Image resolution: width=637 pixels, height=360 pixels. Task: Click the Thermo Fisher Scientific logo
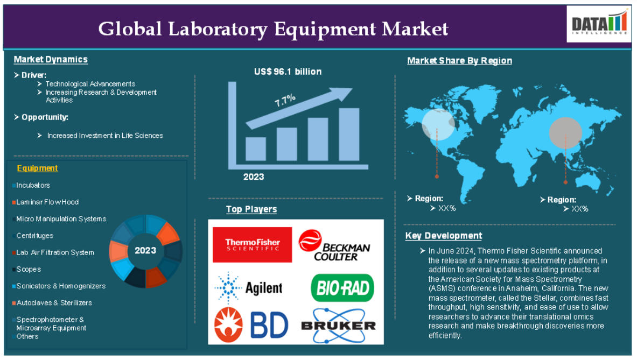(x=253, y=245)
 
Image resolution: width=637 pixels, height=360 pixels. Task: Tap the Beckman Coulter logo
(x=334, y=245)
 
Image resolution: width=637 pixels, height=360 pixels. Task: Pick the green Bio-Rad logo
(x=342, y=288)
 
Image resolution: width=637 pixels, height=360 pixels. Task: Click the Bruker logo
(x=338, y=326)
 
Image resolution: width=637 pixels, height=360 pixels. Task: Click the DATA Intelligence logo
(x=599, y=24)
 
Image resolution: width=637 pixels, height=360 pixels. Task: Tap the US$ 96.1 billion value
(x=288, y=72)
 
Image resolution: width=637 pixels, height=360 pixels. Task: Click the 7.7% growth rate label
(x=285, y=100)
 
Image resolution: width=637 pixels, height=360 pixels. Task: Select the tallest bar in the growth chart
(x=349, y=135)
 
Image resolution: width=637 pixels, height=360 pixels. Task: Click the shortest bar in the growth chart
(x=256, y=149)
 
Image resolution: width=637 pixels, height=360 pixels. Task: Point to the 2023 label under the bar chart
(x=254, y=177)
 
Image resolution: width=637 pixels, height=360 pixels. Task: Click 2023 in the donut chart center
(x=145, y=251)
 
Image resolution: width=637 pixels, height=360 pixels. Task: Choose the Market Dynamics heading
(x=51, y=60)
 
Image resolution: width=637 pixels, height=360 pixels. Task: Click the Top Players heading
(x=251, y=209)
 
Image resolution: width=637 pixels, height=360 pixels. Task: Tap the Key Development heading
(x=444, y=236)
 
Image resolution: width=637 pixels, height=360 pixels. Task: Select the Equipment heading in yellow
(x=37, y=168)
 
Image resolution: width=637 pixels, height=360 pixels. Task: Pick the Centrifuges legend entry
(x=33, y=236)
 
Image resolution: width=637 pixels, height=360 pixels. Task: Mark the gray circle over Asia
(x=565, y=133)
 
